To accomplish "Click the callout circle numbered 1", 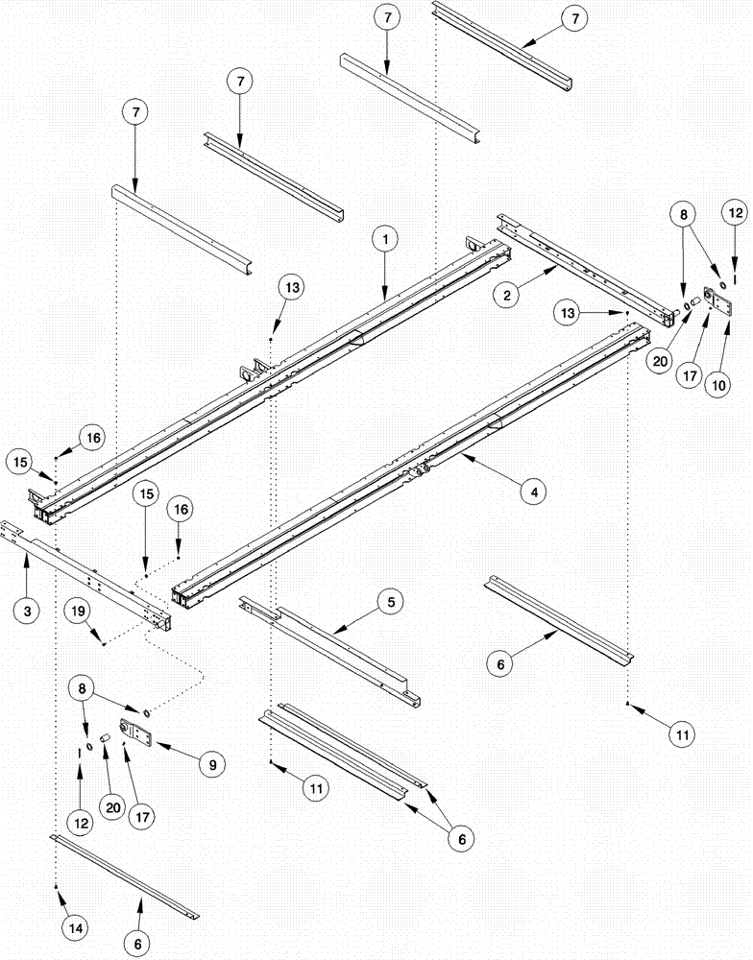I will point(383,235).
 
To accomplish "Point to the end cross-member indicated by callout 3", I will point(91,571).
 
